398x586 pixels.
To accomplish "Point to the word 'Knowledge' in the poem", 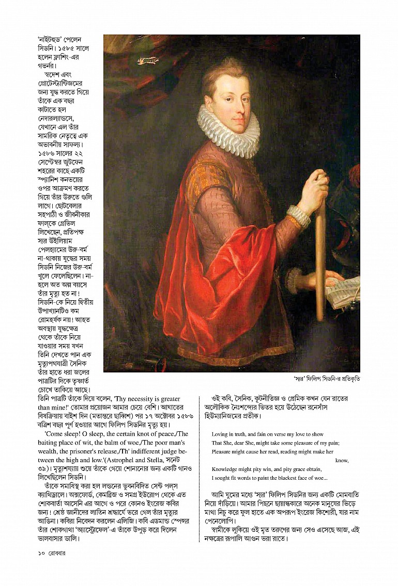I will coord(226,469).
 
